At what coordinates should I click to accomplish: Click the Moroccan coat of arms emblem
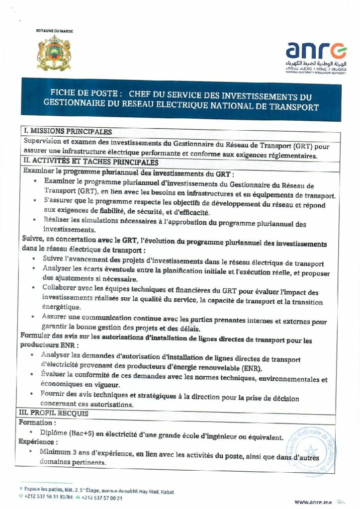(54, 53)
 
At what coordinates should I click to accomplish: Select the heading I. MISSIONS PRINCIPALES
(68, 132)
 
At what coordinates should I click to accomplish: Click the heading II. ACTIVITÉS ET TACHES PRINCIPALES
(91, 163)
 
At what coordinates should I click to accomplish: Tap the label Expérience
(38, 441)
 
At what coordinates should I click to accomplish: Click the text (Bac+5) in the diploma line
(79, 433)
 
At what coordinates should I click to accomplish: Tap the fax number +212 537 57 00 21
(102, 497)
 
